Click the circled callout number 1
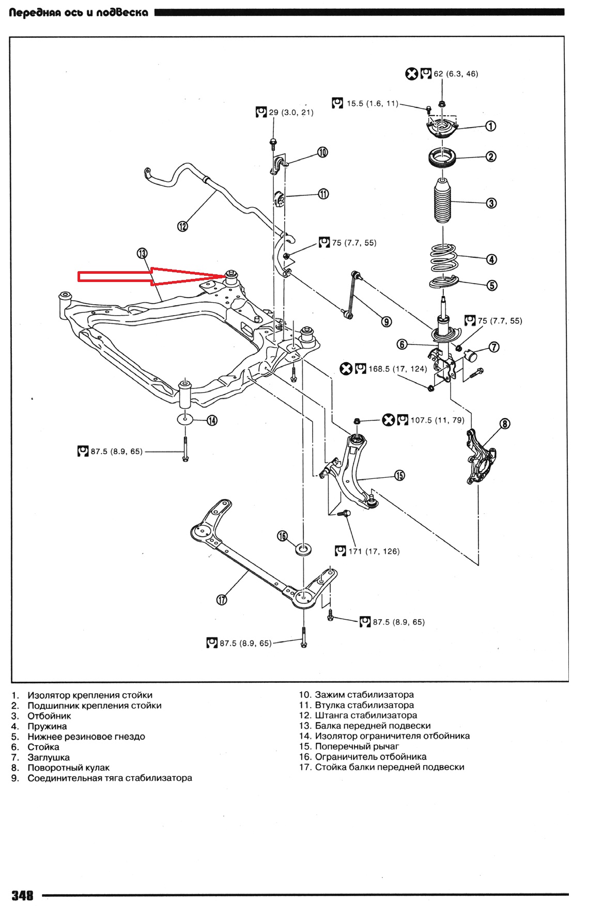[x=491, y=126]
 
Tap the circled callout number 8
[x=505, y=424]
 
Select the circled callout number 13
[x=142, y=253]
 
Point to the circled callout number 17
[x=222, y=600]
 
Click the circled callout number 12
[x=182, y=226]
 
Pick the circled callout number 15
[x=399, y=475]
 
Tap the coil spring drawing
[x=443, y=257]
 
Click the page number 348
[x=22, y=895]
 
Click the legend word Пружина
[x=47, y=726]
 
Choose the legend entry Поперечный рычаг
[x=357, y=746]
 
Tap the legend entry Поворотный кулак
[x=68, y=768]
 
